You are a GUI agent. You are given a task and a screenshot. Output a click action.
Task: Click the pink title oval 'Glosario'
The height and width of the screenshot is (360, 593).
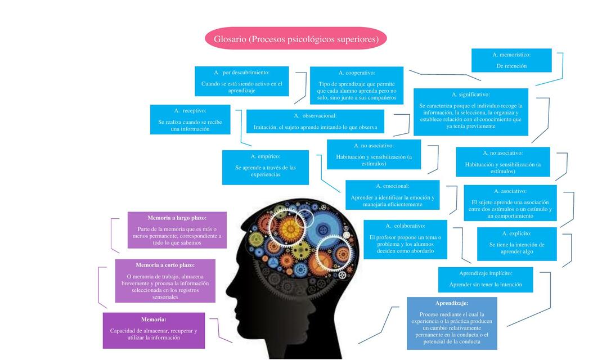coord(296,39)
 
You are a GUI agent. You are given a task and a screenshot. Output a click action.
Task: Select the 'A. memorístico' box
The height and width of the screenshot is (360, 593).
coord(511,60)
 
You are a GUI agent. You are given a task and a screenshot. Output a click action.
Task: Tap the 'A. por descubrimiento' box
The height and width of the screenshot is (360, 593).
coord(241,81)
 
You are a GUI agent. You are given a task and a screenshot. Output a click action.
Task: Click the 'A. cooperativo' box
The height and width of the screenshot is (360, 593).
coord(357,85)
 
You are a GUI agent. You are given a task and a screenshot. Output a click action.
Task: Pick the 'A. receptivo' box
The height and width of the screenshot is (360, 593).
coord(190,119)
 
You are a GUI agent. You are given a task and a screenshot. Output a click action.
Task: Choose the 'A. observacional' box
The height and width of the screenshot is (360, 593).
coord(315,121)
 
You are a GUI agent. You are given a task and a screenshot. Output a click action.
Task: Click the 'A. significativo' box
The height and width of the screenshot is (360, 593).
coord(470,111)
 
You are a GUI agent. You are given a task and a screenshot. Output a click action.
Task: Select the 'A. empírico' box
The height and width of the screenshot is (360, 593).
coord(265,167)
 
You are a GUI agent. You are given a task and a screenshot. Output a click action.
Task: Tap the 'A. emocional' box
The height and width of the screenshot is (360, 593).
coord(392,195)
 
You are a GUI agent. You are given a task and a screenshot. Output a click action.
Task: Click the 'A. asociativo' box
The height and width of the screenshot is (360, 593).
coord(510,202)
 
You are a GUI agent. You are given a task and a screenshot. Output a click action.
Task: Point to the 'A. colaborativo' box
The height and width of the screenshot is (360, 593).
coord(405,239)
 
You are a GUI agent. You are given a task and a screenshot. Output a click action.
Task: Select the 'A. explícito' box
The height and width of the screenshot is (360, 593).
coord(516,244)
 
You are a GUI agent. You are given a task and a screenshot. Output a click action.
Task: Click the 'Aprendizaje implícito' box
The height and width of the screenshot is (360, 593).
coord(486,279)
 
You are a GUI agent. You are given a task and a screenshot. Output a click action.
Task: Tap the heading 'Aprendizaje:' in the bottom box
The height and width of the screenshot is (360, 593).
coord(452,303)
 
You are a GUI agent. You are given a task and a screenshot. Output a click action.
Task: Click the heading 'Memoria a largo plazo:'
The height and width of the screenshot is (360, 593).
coord(177,218)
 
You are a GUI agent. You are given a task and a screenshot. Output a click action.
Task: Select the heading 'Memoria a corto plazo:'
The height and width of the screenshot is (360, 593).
coord(165,265)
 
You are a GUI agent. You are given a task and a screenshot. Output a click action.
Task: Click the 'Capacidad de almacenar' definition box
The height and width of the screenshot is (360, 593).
coord(154,334)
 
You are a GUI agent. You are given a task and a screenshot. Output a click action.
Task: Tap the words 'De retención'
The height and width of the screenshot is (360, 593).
coord(511,66)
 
